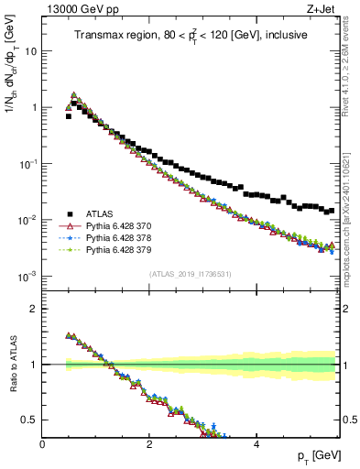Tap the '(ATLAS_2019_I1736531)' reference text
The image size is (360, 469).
tap(190, 274)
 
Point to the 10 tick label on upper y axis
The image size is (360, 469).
tap(30, 51)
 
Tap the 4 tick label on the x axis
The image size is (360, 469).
tap(256, 444)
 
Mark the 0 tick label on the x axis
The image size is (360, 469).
tap(42, 444)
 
